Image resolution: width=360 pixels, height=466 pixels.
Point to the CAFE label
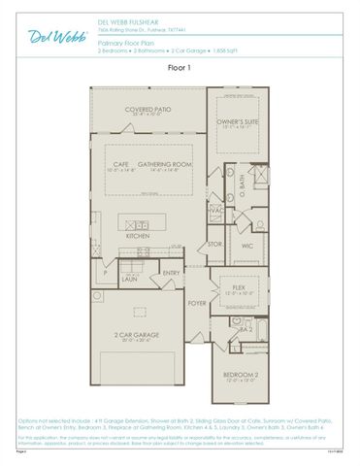[120, 164]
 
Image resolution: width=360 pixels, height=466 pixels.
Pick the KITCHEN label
[138, 236]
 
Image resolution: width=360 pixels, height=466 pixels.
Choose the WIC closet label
[246, 246]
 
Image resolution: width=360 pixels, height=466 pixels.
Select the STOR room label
[215, 244]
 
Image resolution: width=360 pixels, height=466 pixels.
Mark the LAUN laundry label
[128, 278]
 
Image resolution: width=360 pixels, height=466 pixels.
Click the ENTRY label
[172, 274]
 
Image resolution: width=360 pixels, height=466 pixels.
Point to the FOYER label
[196, 303]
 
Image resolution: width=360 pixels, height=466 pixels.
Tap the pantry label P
[104, 272]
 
